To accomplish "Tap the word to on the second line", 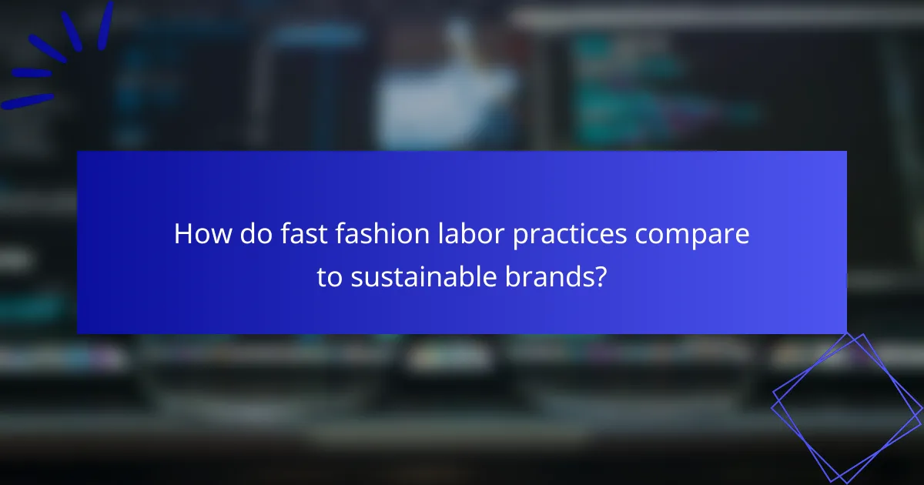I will click(329, 278).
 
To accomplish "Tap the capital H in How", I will click(183, 234).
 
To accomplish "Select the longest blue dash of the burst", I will click(27, 101).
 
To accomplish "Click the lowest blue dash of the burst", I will click(27, 101).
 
